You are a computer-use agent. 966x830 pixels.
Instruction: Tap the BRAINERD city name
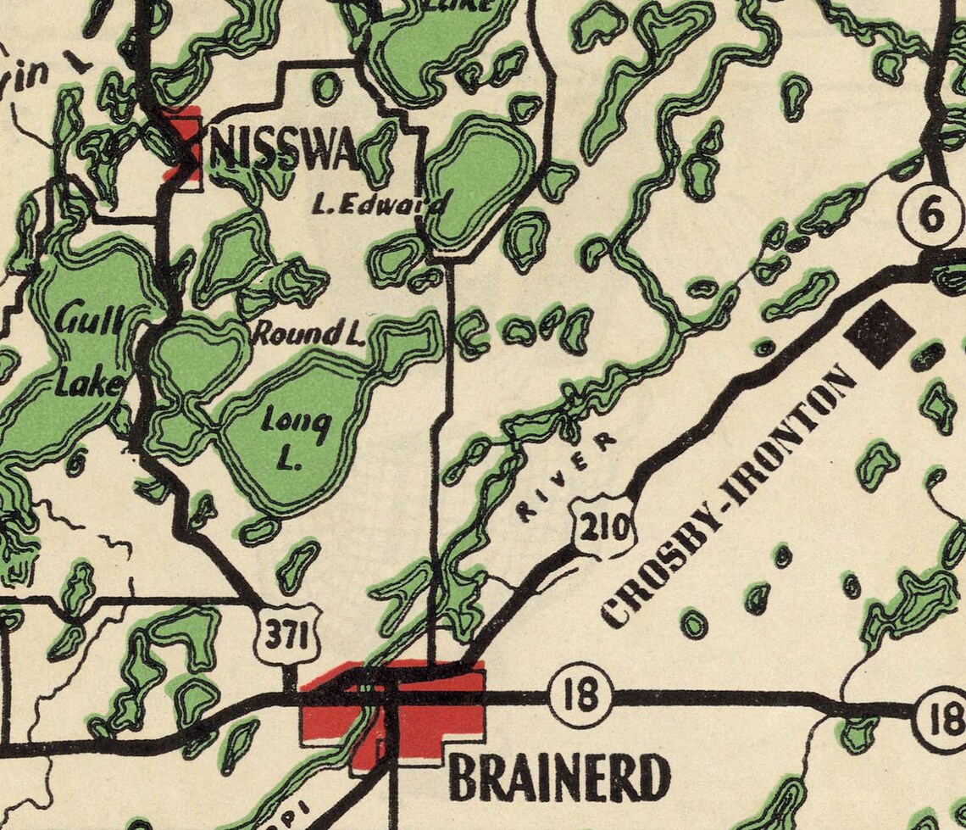click(x=558, y=777)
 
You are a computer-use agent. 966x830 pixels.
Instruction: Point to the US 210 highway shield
click(x=603, y=529)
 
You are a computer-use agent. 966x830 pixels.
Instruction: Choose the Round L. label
click(x=308, y=333)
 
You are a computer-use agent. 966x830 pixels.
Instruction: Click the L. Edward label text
click(x=378, y=204)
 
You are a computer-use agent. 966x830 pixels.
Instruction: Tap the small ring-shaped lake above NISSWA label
click(x=326, y=87)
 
